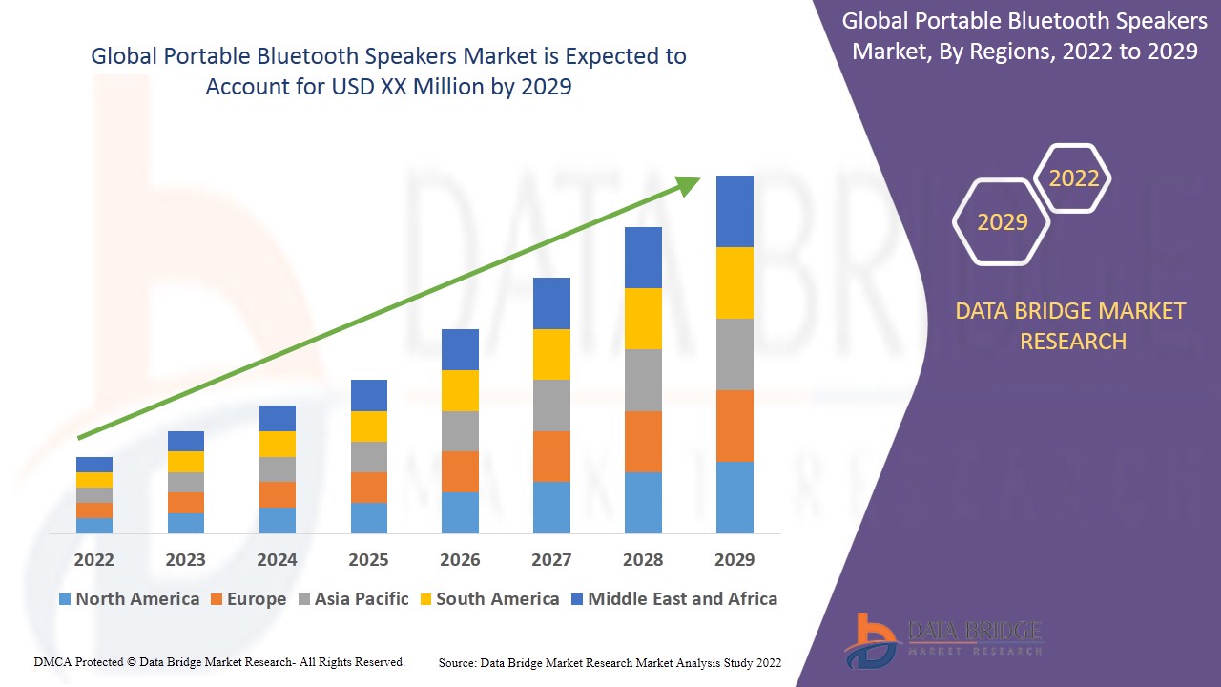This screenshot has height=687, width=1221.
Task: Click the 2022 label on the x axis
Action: tap(93, 559)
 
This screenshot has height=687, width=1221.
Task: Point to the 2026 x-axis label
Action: tap(460, 559)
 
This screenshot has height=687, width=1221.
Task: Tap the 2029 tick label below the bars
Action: tap(735, 559)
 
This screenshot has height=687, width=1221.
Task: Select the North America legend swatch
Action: tap(65, 599)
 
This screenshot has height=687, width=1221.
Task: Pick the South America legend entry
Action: tap(488, 599)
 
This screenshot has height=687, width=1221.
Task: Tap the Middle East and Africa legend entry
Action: tap(673, 599)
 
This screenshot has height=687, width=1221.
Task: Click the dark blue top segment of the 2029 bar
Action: tap(735, 211)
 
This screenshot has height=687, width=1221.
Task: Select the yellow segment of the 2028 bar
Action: tap(643, 319)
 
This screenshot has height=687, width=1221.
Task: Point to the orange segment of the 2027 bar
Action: tap(551, 456)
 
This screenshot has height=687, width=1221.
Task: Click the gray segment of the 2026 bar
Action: tap(460, 431)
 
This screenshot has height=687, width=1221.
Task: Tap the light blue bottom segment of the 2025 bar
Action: tap(368, 518)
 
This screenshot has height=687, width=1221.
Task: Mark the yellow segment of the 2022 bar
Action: tap(93, 480)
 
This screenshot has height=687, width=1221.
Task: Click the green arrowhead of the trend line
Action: tap(689, 185)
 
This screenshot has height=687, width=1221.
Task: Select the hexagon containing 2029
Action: tap(1002, 222)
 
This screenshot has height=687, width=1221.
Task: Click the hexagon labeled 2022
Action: tap(1073, 178)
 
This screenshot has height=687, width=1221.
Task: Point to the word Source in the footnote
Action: tap(457, 662)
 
